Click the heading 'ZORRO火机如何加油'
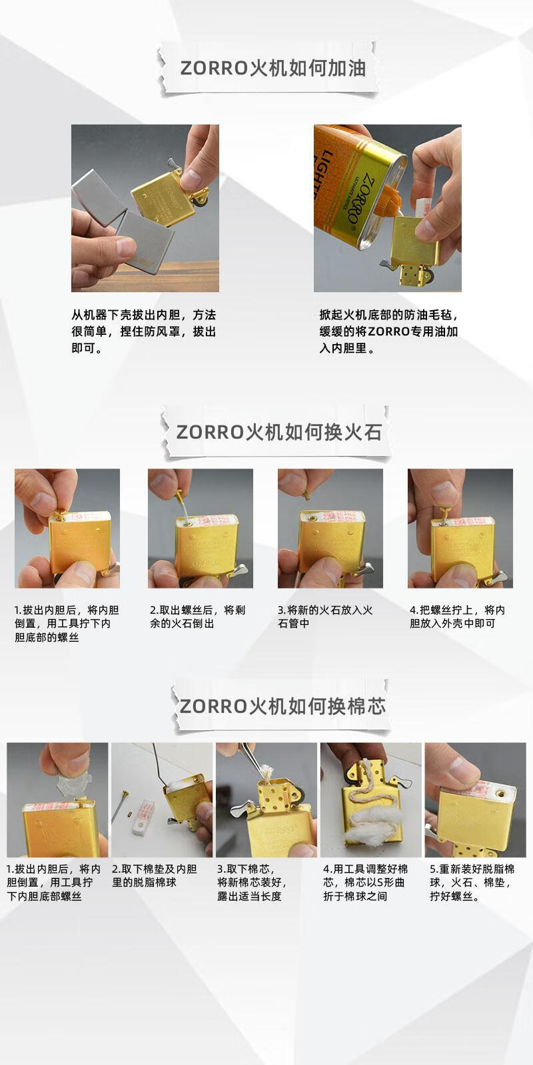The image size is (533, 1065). [272, 68]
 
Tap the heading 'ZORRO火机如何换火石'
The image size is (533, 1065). [279, 432]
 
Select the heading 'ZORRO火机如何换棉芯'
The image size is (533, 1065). [282, 706]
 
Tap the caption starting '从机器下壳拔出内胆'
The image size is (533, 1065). [144, 331]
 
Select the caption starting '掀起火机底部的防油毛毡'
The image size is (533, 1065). [388, 331]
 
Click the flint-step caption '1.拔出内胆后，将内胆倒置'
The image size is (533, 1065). [67, 623]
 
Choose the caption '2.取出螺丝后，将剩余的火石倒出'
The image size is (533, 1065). [197, 616]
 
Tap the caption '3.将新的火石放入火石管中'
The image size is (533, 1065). [325, 616]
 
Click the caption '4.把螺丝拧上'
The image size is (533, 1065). [457, 616]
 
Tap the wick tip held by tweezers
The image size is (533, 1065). [265, 771]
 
